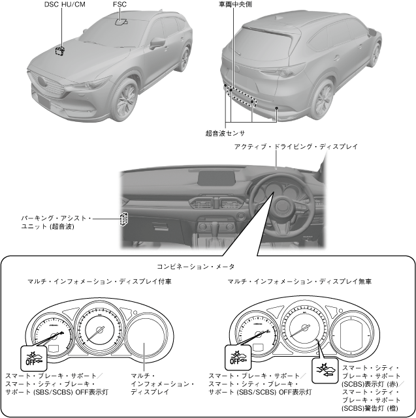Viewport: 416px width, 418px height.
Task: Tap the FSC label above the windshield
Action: pyautogui.click(x=120, y=5)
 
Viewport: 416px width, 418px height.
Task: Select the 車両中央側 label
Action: pyautogui.click(x=236, y=5)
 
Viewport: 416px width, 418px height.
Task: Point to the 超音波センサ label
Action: pyautogui.click(x=225, y=133)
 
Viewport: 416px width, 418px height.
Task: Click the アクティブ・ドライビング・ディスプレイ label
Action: pyautogui.click(x=296, y=147)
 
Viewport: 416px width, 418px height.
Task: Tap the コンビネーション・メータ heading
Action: pyautogui.click(x=195, y=267)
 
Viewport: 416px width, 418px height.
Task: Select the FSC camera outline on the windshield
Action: pyautogui.click(x=121, y=22)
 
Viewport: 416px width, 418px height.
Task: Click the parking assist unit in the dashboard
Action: pyautogui.click(x=123, y=220)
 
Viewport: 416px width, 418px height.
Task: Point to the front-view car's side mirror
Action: pyautogui.click(x=158, y=44)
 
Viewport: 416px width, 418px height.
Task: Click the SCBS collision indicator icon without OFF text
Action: pyautogui.click(x=325, y=368)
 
